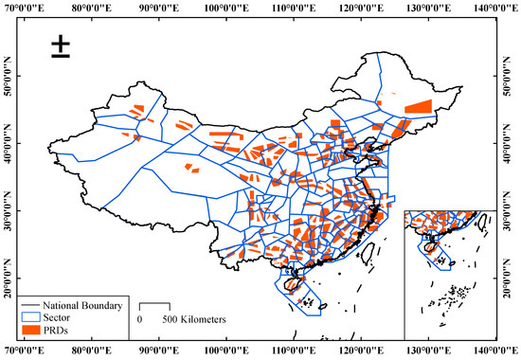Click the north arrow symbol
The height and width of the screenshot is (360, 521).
point(61,48)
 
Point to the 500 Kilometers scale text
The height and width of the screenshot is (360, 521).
point(194,320)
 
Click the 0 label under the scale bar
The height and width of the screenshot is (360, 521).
point(140,320)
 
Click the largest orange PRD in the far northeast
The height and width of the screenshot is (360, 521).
point(418,105)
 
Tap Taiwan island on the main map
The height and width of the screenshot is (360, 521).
point(367,253)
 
